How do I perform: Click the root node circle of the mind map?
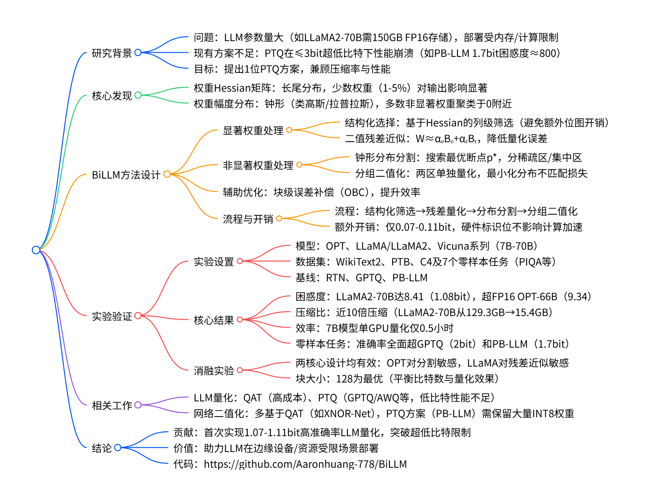(x=36, y=250)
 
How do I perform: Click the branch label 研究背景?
(x=112, y=53)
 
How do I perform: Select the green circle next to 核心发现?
(x=138, y=95)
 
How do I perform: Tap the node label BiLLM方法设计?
(x=126, y=175)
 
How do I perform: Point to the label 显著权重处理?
(x=253, y=131)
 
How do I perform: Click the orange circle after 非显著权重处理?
(x=299, y=165)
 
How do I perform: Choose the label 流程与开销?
(x=248, y=219)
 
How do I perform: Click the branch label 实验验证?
(x=112, y=316)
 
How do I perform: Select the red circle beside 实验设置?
(x=240, y=261)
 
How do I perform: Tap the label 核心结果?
(x=214, y=320)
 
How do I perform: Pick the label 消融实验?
(x=214, y=371)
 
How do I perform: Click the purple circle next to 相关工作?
(x=138, y=405)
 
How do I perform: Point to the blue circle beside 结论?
(x=118, y=448)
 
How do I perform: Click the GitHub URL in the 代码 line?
(x=305, y=464)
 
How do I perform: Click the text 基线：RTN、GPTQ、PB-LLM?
(x=361, y=278)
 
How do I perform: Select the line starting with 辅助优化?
(x=321, y=192)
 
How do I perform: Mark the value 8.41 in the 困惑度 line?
(x=413, y=297)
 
